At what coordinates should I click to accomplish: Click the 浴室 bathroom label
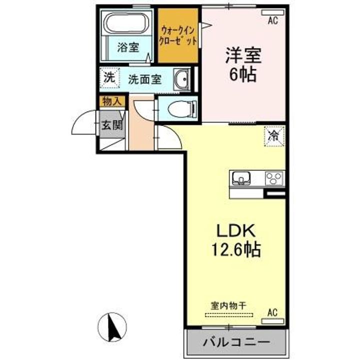[x=128, y=47]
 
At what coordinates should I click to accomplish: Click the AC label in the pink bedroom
[x=272, y=20]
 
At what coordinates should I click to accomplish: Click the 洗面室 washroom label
[x=144, y=79]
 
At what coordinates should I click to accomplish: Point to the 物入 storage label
[x=111, y=101]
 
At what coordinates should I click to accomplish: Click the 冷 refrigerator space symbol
[x=273, y=135]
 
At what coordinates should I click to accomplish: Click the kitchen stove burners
[x=273, y=177]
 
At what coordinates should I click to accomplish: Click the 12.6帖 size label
[x=236, y=249]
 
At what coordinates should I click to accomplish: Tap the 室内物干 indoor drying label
[x=229, y=304]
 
